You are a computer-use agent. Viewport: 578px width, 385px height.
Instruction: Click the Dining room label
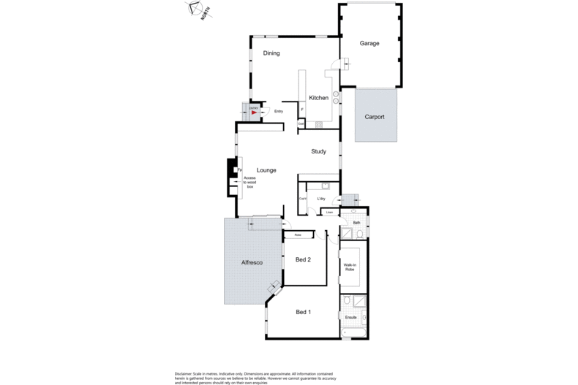coord(271,53)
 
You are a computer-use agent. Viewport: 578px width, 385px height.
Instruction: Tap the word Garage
coord(369,43)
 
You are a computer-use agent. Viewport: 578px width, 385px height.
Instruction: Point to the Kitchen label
coord(318,98)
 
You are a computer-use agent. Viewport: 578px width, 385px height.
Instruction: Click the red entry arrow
coord(254,113)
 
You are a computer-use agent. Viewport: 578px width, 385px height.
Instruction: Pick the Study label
coord(318,152)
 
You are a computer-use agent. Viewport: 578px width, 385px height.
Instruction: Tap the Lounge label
coord(266,170)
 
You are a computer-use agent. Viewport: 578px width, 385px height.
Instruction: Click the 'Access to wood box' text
coord(249,183)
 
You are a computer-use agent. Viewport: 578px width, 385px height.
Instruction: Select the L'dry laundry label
coord(320,198)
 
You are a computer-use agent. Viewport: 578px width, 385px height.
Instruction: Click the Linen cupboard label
coord(330,213)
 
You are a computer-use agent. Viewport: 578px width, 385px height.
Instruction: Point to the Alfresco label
coord(252,262)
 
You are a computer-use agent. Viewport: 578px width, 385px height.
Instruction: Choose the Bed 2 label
coord(304,259)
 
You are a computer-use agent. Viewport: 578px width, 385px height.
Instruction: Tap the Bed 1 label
coord(303,312)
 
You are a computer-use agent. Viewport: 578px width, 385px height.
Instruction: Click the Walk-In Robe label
coord(350,268)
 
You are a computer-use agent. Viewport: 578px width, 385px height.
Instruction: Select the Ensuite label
coord(350,317)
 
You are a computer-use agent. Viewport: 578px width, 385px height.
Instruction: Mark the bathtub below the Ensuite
coord(353,334)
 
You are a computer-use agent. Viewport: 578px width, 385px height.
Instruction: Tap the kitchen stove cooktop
coord(319,125)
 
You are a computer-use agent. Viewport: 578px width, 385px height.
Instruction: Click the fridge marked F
coord(302,110)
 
